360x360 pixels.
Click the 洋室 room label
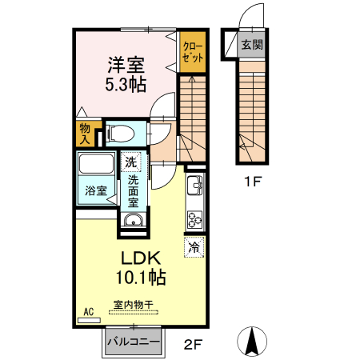click(126, 65)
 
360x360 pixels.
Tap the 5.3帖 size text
click(126, 84)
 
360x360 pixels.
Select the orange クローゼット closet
click(193, 52)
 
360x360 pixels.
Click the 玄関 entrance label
click(252, 45)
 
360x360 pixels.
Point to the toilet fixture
click(120, 133)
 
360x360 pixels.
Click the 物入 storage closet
click(85, 134)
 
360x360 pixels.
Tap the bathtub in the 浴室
click(96, 164)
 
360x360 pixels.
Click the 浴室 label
click(96, 190)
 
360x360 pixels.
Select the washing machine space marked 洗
click(130, 162)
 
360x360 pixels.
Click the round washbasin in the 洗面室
click(133, 221)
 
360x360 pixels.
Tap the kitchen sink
click(195, 186)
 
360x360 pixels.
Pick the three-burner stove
click(195, 219)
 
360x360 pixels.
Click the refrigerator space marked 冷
click(194, 247)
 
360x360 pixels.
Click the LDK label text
click(141, 258)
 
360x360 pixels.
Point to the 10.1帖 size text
click(141, 277)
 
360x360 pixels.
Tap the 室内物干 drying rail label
click(134, 305)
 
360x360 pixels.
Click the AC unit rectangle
click(89, 320)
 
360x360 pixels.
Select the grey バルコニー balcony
click(134, 342)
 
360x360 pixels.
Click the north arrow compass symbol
click(252, 342)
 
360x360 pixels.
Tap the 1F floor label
click(252, 182)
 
